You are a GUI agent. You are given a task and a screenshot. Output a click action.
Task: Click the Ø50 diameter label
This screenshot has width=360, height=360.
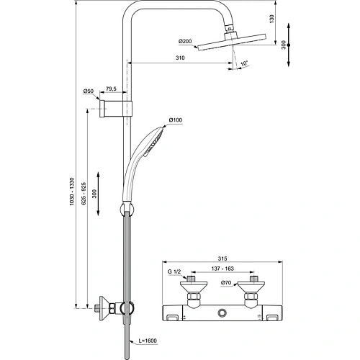click(x=89, y=91)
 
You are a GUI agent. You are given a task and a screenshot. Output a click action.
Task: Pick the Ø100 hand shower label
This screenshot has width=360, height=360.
click(x=175, y=120)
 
